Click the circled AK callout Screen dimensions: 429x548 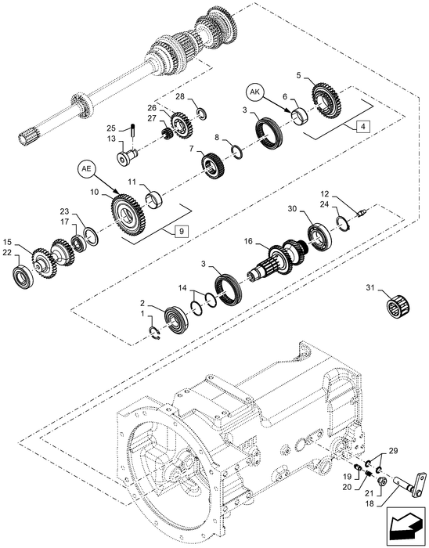tap(255, 92)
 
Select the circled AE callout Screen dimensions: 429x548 tap(86, 169)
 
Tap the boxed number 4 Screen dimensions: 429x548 tap(363, 127)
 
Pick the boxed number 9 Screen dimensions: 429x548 tap(182, 231)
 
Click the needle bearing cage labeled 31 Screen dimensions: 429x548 tap(399, 307)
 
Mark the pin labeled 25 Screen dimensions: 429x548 tap(133, 130)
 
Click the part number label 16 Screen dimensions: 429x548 tap(248, 241)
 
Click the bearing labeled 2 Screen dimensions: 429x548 tap(177, 319)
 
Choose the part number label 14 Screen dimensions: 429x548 tap(182, 287)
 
